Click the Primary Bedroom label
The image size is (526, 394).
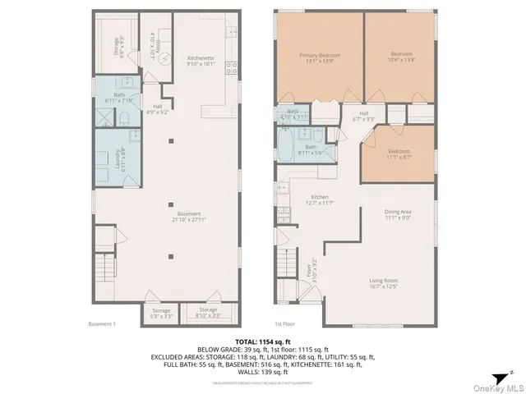[319, 58]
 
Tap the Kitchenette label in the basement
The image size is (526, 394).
[201, 61]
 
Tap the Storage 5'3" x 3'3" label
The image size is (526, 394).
[161, 313]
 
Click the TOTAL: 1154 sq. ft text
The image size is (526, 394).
[262, 340]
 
